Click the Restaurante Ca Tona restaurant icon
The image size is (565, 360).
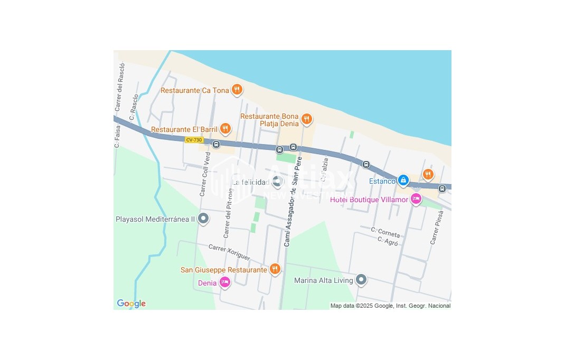[237, 90]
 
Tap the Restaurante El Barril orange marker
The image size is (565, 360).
[225, 128]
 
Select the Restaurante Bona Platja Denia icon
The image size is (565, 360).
[306, 120]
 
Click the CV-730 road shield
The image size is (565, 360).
[194, 140]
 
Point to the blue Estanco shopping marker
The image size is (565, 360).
[403, 181]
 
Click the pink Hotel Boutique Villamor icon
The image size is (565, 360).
[416, 199]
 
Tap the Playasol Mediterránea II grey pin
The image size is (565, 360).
[203, 219]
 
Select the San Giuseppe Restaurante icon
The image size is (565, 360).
[275, 269]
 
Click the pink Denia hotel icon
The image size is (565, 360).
[225, 282]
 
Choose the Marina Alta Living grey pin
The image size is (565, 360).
[361, 280]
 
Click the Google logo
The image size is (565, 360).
[131, 304]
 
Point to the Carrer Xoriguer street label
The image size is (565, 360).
[229, 253]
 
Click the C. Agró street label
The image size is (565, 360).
[388, 241]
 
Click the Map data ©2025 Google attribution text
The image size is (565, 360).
[390, 306]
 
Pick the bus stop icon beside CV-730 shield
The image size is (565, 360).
[215, 144]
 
